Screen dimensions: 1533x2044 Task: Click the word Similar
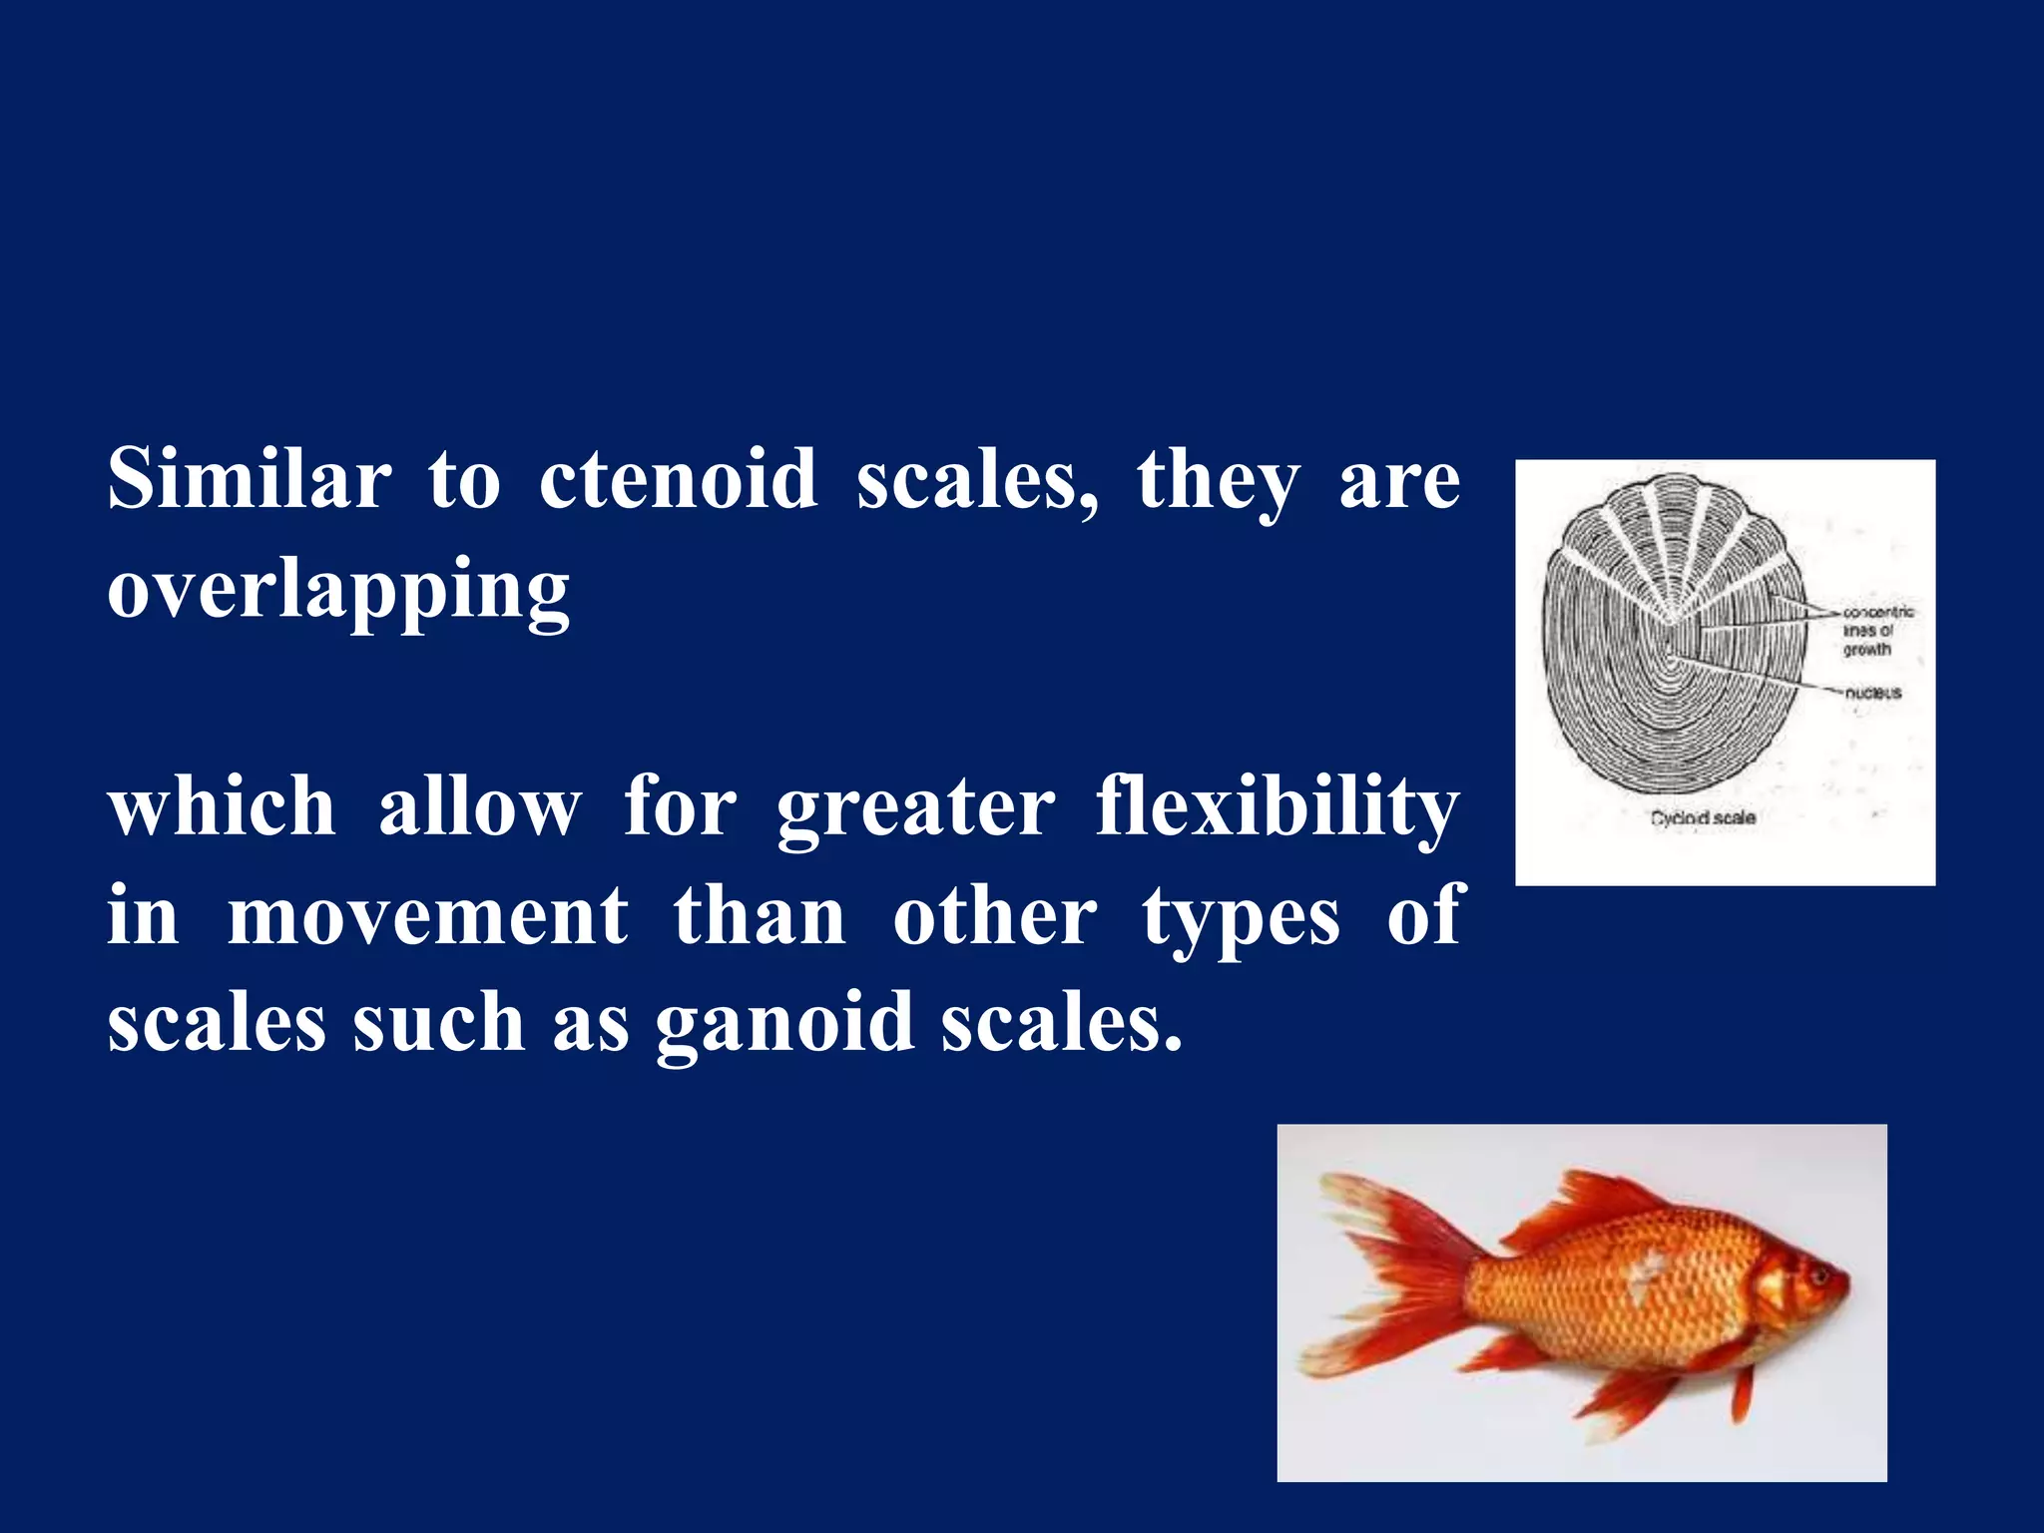pos(249,479)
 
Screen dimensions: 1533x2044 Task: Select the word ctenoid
pos(678,479)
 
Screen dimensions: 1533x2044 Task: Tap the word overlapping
pos(338,591)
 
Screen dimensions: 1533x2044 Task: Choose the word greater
pos(915,808)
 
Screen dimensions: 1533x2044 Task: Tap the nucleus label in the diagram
pos(1872,693)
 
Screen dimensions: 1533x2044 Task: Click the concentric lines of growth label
pos(1876,631)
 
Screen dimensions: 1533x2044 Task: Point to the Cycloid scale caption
pos(1703,817)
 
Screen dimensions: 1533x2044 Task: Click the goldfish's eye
pos(1814,1275)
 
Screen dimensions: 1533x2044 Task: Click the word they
pos(1218,481)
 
